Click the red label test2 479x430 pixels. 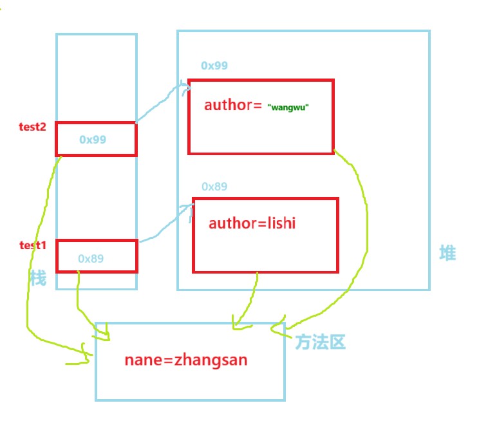pyautogui.click(x=32, y=127)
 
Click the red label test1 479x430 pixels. pyautogui.click(x=32, y=245)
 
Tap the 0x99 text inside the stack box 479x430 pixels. pyautogui.click(x=93, y=139)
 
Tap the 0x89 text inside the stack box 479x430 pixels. pyautogui.click(x=91, y=258)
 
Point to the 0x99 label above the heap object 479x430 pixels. pyautogui.click(x=214, y=66)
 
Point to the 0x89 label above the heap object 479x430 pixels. pyautogui.click(x=214, y=187)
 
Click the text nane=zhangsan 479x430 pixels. pyautogui.click(x=185, y=360)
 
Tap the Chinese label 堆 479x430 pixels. pyautogui.click(x=447, y=254)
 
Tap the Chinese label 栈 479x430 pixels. pyautogui.click(x=39, y=277)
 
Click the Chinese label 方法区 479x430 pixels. pyautogui.click(x=321, y=342)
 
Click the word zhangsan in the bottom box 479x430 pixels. pyautogui.click(x=210, y=360)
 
